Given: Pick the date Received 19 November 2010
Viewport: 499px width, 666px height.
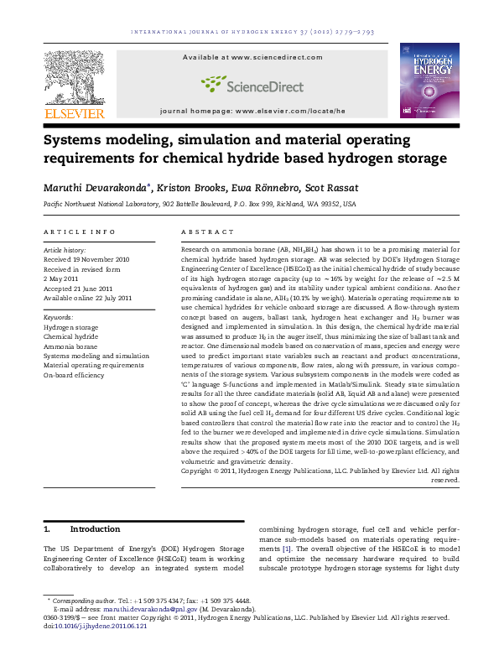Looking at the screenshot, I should [x=86, y=260].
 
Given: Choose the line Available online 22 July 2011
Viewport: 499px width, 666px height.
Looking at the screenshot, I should [x=87, y=298].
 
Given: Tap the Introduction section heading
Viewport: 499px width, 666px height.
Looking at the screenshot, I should [x=95, y=529].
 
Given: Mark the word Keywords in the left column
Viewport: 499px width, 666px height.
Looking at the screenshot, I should [x=58, y=318].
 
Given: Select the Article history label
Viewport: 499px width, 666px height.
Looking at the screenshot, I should [x=65, y=250].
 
